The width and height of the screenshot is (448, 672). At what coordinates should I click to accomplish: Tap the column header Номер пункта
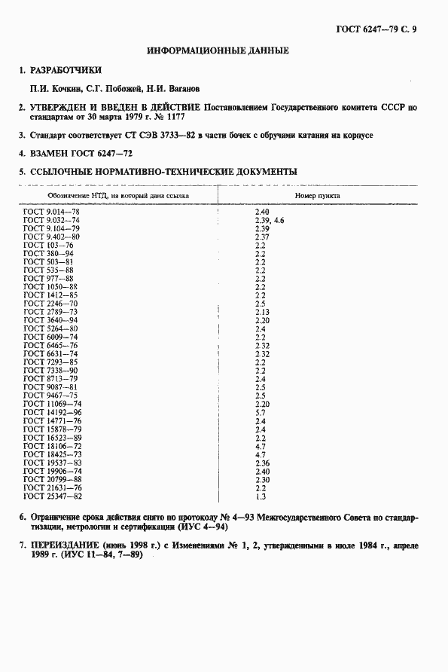317,194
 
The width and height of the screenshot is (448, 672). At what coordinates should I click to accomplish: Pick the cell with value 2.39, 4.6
270,221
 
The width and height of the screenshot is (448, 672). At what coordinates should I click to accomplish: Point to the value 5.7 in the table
261,413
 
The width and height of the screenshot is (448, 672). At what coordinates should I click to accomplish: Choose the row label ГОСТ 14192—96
53,413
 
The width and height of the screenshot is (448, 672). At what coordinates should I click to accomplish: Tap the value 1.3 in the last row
261,496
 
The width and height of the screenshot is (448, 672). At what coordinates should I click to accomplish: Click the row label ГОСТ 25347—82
53,496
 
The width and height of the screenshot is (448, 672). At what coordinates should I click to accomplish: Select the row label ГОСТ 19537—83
53,463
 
